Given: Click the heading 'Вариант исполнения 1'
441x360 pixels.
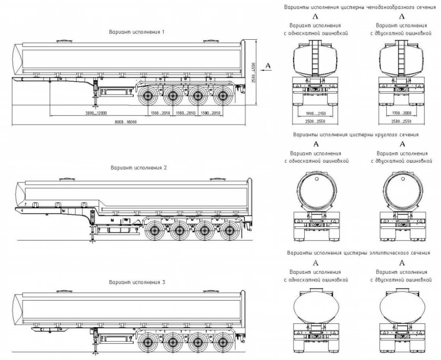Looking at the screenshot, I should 137,32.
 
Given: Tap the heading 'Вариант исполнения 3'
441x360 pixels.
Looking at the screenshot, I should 137,283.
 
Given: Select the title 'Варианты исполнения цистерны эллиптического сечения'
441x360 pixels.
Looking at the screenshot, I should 359,253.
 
